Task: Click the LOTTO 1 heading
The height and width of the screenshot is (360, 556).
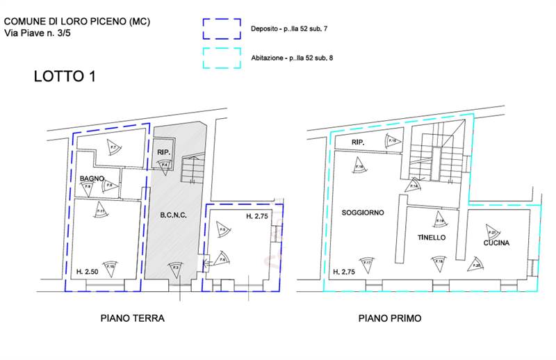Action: click(65, 77)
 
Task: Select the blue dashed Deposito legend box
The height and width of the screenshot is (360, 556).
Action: click(222, 30)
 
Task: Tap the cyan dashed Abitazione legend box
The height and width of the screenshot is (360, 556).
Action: click(222, 58)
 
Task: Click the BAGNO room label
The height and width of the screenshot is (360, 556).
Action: click(91, 179)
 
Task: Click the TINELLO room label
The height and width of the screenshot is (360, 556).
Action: click(431, 238)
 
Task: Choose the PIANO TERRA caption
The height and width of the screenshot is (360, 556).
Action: click(132, 318)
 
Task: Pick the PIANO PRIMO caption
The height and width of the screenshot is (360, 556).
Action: click(390, 318)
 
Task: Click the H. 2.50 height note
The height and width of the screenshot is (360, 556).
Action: click(87, 270)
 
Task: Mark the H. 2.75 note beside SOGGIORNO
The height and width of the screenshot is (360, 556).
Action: click(345, 272)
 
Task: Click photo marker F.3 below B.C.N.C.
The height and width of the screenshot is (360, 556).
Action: click(175, 268)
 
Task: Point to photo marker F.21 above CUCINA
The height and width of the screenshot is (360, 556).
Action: click(492, 232)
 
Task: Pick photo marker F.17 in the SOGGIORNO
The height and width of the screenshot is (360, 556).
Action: click(367, 263)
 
